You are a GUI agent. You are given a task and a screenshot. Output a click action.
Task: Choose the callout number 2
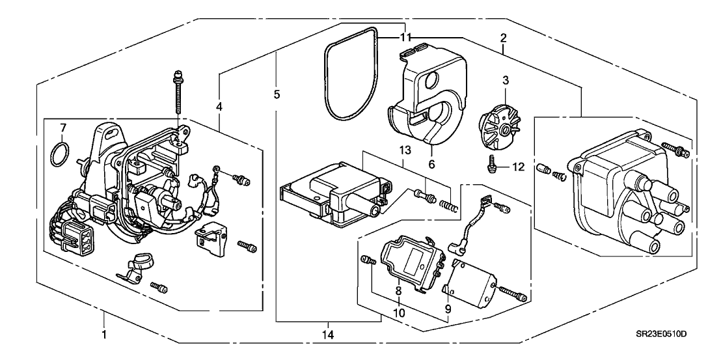(x=504, y=39)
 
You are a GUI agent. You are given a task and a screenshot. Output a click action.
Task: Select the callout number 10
(x=397, y=312)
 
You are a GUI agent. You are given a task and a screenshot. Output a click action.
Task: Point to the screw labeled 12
(x=493, y=166)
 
